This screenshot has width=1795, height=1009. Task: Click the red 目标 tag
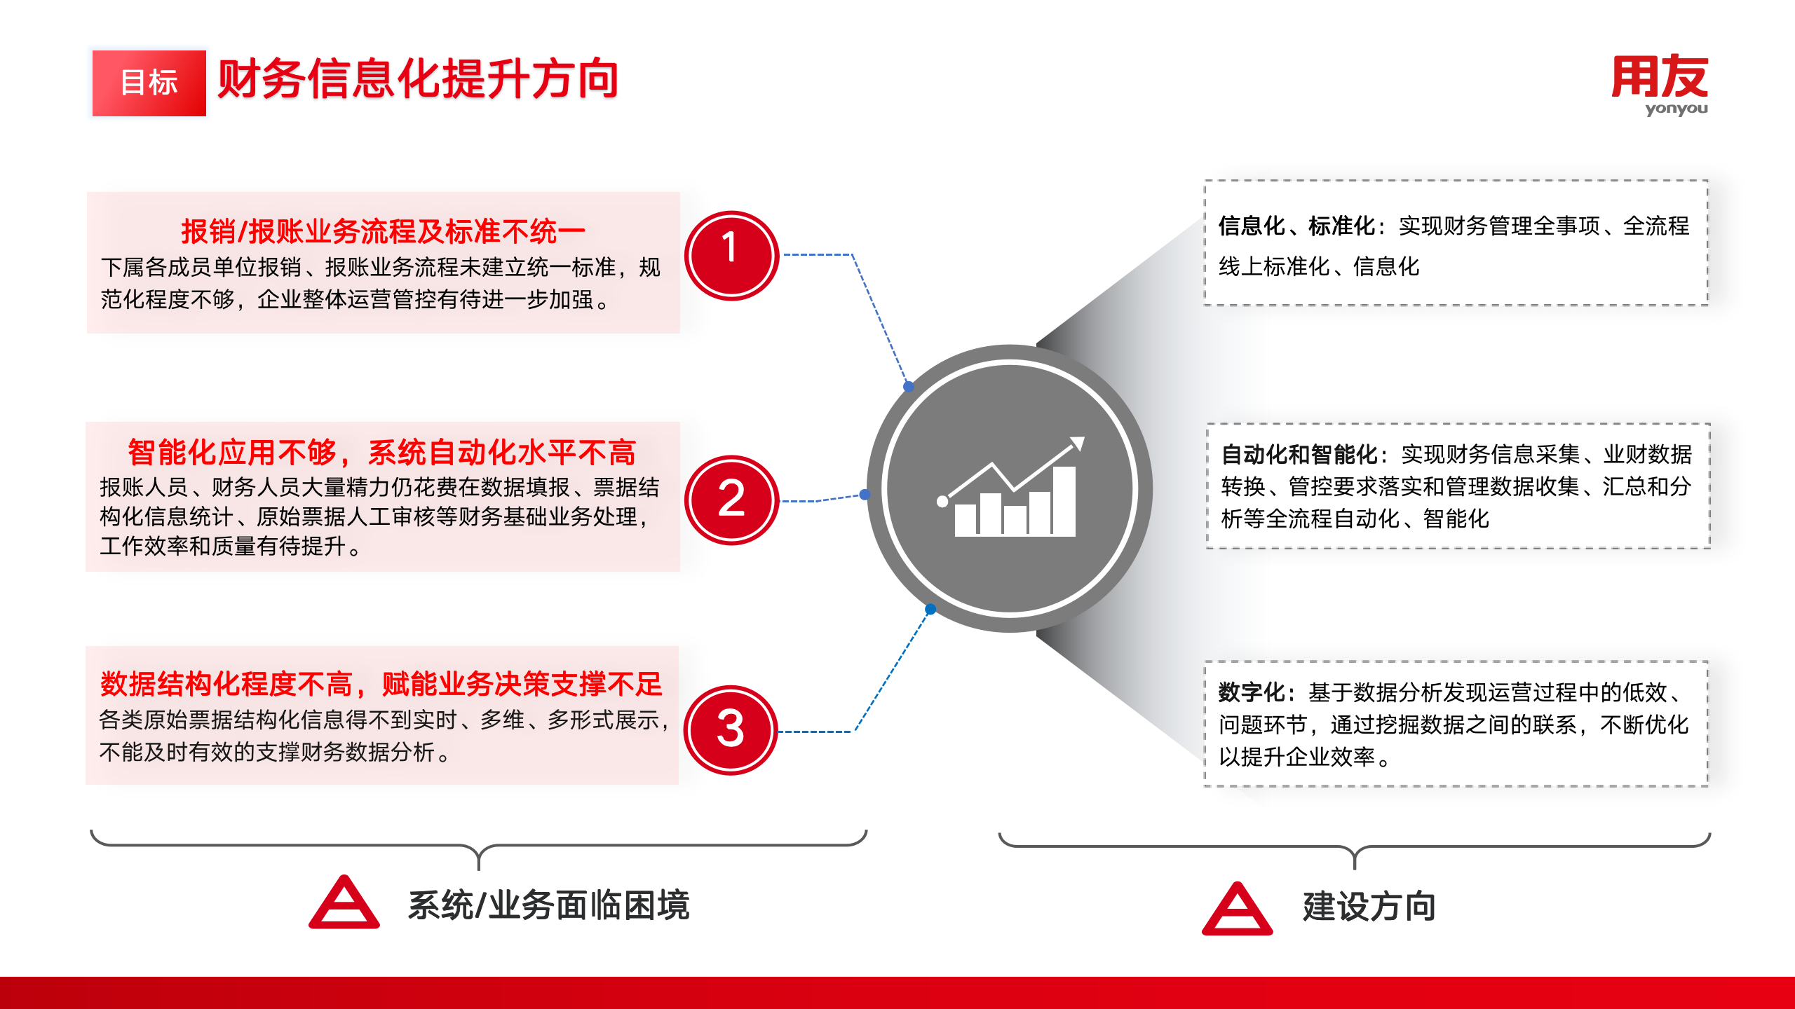[149, 83]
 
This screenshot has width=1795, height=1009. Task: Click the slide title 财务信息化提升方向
[418, 79]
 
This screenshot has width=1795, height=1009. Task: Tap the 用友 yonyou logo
[1660, 85]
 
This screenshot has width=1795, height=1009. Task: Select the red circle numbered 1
[731, 256]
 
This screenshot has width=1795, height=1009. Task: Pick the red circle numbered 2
[731, 500]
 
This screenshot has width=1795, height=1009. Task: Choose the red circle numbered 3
[731, 730]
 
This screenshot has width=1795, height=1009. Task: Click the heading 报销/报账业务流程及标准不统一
[383, 231]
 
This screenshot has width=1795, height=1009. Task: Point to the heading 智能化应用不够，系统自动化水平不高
[382, 453]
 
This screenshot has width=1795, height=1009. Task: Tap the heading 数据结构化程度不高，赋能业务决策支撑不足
[381, 684]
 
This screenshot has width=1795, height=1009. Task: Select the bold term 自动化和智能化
[1299, 454]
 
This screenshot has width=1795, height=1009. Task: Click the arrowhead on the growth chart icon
[1078, 444]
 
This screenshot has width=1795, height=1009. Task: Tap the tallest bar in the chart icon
[1064, 502]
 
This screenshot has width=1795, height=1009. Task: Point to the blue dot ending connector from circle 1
[909, 386]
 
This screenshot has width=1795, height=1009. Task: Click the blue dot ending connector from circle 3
[930, 610]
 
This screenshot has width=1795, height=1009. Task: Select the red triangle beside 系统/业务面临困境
[344, 902]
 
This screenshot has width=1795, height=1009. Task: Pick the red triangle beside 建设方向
[1238, 910]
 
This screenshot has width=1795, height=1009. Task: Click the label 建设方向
[1369, 907]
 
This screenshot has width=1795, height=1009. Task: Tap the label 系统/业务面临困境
[549, 905]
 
